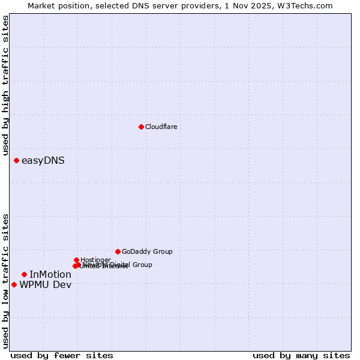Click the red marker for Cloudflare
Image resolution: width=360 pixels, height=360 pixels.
[x=141, y=127]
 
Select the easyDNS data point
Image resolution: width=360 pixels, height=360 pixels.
[x=16, y=160]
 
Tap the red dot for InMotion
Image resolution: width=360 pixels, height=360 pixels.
[x=24, y=274]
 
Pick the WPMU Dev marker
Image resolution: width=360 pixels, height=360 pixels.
[x=14, y=284]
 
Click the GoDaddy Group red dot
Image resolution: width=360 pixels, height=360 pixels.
[x=118, y=251]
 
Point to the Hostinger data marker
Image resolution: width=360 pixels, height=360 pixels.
[x=76, y=260]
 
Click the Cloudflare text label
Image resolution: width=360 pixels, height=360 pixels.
[x=161, y=127]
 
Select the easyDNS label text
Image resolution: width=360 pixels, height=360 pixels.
[x=43, y=160]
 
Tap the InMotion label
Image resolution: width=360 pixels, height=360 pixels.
[x=50, y=274]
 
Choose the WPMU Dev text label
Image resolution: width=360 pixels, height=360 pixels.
[x=46, y=284]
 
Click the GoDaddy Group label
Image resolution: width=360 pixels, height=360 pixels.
[x=147, y=251]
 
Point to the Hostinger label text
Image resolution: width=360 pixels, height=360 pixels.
[x=95, y=260]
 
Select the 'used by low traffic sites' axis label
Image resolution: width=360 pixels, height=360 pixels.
[x=5, y=280]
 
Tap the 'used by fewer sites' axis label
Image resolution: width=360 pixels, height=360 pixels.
[x=62, y=355]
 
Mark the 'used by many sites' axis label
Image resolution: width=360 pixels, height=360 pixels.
[x=301, y=355]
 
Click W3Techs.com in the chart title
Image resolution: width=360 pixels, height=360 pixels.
[x=307, y=5]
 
